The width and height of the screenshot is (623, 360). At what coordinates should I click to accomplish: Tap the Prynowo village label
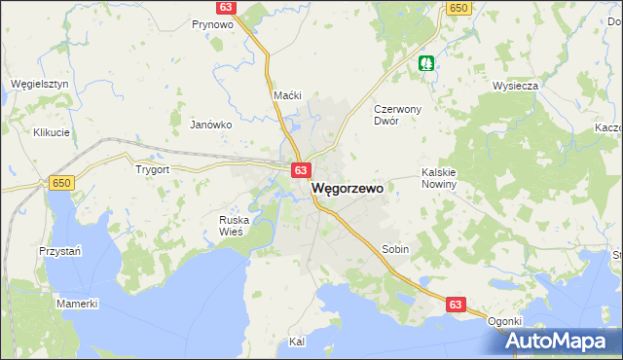point(211,24)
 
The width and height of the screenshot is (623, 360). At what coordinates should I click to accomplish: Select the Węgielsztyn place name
point(39,84)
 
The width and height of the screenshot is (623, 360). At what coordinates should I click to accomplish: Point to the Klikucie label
point(52,131)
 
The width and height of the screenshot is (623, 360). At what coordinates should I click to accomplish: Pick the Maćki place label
point(288,95)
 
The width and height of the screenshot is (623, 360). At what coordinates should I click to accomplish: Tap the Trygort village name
point(153,168)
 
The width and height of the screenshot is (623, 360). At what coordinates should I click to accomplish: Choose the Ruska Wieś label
point(236,226)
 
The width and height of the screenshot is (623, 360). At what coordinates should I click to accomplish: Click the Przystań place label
point(59,250)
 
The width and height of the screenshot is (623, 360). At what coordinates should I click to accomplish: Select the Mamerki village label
point(77,304)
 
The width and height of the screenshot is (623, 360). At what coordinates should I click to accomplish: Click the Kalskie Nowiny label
point(438,178)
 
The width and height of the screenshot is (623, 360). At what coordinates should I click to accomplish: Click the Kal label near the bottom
point(298,342)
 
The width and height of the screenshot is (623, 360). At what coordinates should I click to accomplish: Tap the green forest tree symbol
point(426,63)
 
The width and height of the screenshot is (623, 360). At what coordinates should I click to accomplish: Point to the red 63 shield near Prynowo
point(226,7)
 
